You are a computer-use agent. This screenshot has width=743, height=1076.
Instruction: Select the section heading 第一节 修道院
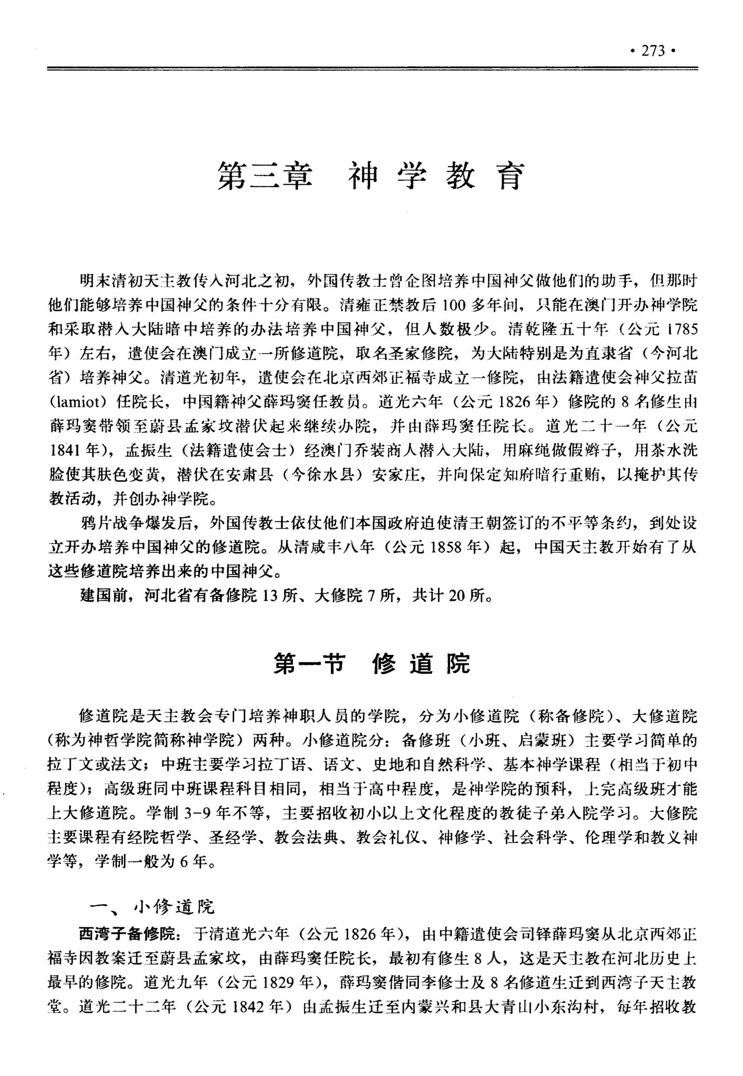click(371, 663)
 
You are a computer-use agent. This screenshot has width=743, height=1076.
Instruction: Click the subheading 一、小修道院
click(152, 907)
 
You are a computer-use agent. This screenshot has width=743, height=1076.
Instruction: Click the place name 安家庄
click(397, 476)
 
